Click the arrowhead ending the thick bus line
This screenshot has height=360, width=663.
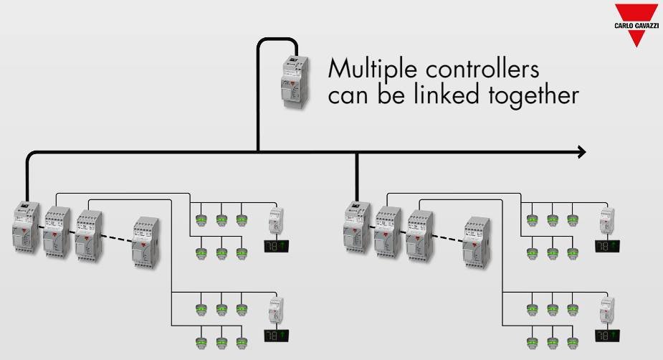581,151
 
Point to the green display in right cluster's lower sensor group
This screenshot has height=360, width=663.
607,334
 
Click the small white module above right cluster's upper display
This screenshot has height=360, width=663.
607,220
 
